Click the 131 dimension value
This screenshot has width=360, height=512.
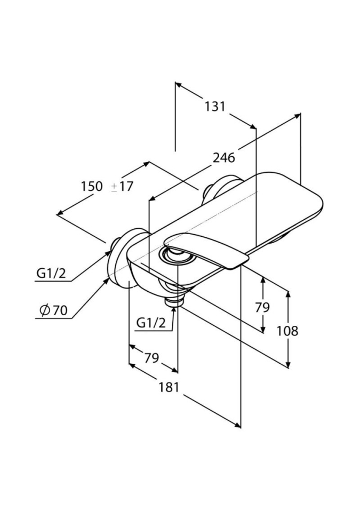[x=215, y=107]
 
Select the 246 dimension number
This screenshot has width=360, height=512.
[x=224, y=158]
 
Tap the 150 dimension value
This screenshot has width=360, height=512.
[x=92, y=187]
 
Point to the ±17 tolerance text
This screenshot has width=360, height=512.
[x=122, y=187]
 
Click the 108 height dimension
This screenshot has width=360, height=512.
[x=287, y=331]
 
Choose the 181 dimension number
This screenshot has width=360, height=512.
[x=169, y=387]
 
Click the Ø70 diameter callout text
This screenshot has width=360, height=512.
[x=53, y=310]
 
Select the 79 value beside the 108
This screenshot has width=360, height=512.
[x=262, y=307]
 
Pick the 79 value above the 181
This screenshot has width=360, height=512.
[x=151, y=358]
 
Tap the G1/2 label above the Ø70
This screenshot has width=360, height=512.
[x=51, y=273]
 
